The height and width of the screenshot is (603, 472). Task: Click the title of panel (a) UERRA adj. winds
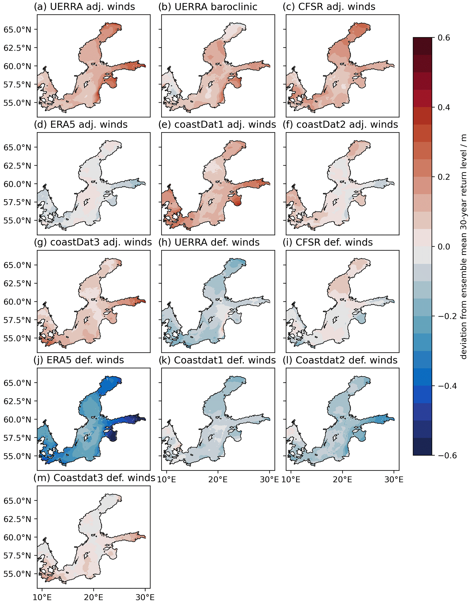(x=84, y=7)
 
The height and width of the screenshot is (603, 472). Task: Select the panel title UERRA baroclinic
(x=208, y=7)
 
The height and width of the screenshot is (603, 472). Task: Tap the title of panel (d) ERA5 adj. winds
(x=81, y=125)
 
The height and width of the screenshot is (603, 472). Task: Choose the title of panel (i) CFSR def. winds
(x=327, y=242)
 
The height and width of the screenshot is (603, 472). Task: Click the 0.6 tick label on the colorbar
(x=444, y=37)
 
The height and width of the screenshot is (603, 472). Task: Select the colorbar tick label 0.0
(x=444, y=246)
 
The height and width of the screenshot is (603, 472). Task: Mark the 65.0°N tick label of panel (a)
(x=17, y=29)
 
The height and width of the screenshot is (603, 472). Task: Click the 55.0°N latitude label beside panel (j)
(x=17, y=456)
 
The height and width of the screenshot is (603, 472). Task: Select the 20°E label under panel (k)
(x=218, y=479)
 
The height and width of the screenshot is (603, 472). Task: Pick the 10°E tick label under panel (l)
(x=291, y=479)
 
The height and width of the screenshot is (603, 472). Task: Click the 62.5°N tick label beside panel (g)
(x=17, y=283)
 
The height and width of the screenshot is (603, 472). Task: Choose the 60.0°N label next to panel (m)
(x=17, y=537)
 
